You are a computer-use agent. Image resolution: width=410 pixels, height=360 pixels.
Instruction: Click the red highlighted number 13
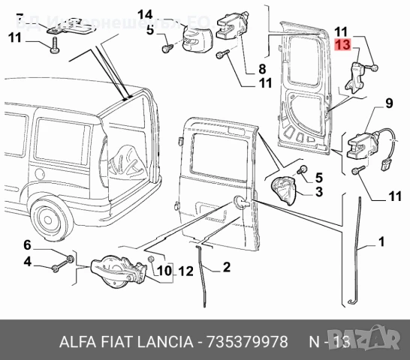tap(342, 45)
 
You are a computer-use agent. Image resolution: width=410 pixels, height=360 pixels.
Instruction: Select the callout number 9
tap(389, 103)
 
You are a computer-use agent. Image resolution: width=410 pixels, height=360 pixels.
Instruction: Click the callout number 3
tap(318, 193)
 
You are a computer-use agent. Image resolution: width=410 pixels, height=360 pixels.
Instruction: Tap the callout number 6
tap(27, 245)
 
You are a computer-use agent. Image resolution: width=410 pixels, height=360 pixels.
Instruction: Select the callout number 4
tap(27, 262)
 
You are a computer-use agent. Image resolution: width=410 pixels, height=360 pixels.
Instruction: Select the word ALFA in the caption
tap(74, 342)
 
